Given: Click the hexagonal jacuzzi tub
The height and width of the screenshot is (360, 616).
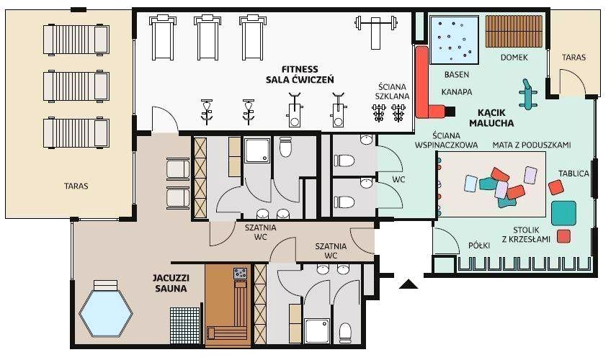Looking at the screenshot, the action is pyautogui.click(x=106, y=313).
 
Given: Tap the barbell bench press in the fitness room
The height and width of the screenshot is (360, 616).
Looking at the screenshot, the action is pyautogui.click(x=375, y=31).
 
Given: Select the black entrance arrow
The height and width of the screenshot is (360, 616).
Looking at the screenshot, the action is pyautogui.click(x=409, y=284).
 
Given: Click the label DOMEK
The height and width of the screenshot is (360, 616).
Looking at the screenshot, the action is pyautogui.click(x=514, y=58).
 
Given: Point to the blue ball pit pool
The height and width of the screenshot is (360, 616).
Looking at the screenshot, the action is pyautogui.click(x=455, y=40).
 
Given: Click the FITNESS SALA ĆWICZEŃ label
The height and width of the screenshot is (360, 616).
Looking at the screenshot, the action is pyautogui.click(x=300, y=75).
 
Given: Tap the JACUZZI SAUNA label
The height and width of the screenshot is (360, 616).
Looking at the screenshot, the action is pyautogui.click(x=171, y=283).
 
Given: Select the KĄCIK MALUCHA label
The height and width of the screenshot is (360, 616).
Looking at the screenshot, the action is pyautogui.click(x=491, y=118).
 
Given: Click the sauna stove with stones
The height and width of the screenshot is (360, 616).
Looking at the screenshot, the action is pyautogui.click(x=241, y=274).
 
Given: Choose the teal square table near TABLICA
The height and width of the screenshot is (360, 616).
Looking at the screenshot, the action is pyautogui.click(x=563, y=213).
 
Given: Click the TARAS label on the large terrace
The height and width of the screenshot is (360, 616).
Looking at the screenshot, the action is pyautogui.click(x=76, y=186).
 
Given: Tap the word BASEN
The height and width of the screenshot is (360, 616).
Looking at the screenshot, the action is pyautogui.click(x=457, y=74).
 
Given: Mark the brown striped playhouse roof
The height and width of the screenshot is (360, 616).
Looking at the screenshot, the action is pyautogui.click(x=514, y=32).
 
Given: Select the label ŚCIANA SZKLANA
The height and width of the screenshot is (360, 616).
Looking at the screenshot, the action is pyautogui.click(x=392, y=91).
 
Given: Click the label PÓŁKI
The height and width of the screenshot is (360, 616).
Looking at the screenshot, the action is pyautogui.click(x=479, y=246).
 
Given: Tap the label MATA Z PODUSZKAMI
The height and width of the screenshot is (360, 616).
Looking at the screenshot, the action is pyautogui.click(x=532, y=145).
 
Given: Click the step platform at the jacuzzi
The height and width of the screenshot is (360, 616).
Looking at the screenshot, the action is pyautogui.click(x=105, y=285).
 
